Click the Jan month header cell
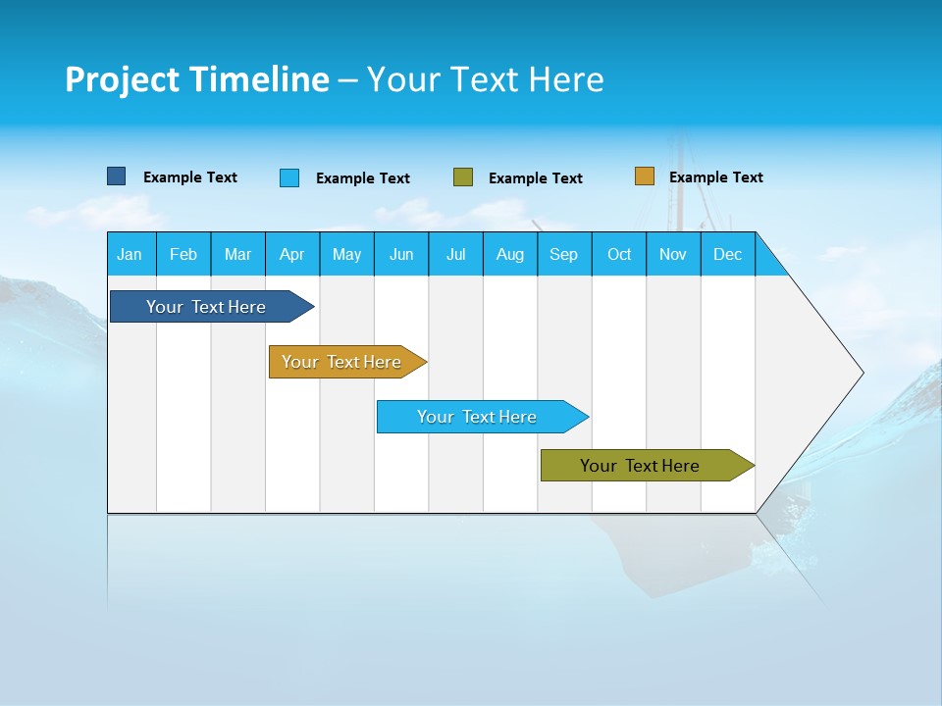(x=131, y=254)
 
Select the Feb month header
(x=183, y=254)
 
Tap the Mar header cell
(x=237, y=254)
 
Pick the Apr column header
(x=292, y=254)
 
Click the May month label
(x=346, y=254)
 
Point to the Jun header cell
(x=401, y=254)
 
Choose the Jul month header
(x=455, y=254)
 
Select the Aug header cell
(x=510, y=254)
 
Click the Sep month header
(x=564, y=254)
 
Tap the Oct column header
(x=619, y=254)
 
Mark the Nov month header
(x=673, y=254)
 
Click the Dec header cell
(x=728, y=254)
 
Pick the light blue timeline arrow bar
(x=478, y=417)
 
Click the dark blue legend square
(x=116, y=176)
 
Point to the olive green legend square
(x=463, y=177)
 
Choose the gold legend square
(x=644, y=176)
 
